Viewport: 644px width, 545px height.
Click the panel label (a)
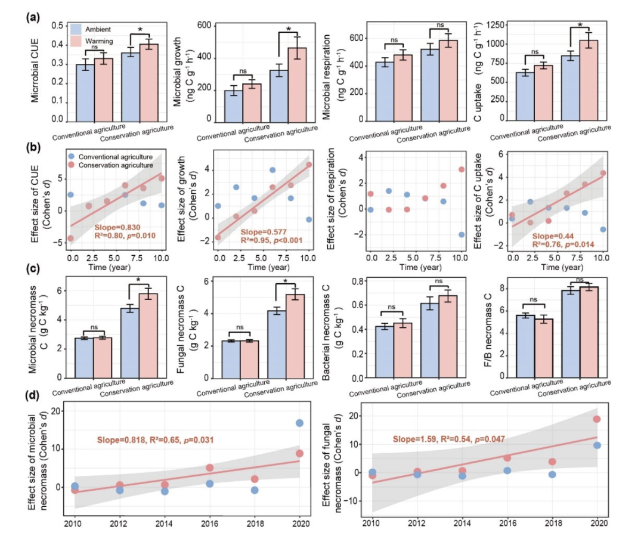click(x=32, y=17)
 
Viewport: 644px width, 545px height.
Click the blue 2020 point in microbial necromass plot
click(x=300, y=423)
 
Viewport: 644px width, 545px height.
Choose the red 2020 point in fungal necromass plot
click(x=596, y=419)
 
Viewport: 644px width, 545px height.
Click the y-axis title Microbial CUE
click(x=38, y=73)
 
